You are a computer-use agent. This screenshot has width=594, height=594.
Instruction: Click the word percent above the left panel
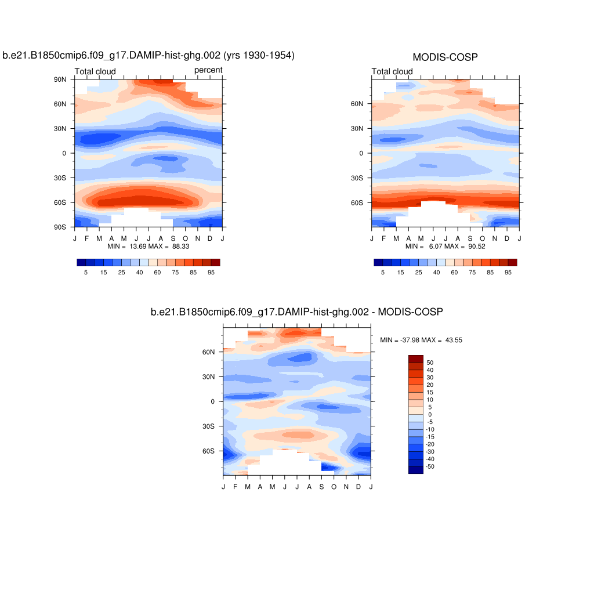pos(208,70)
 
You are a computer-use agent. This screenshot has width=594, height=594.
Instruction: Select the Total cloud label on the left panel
pos(95,71)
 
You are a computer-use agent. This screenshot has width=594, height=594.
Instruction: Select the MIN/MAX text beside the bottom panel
pos(421,339)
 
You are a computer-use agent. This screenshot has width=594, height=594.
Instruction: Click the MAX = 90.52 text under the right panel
pos(465,246)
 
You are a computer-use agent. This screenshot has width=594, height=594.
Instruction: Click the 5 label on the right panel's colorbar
pos(383,272)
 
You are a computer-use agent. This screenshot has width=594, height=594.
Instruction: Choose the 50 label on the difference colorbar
pos(430,363)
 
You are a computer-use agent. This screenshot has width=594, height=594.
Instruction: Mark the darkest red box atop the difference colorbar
pos(415,358)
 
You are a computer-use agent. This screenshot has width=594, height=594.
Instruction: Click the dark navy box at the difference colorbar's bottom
pos(415,470)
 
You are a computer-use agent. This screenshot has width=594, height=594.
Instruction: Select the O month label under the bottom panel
pos(334,486)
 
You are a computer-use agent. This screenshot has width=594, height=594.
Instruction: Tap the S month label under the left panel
pos(173,238)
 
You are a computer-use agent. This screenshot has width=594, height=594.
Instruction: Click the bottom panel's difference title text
pos(296,312)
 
